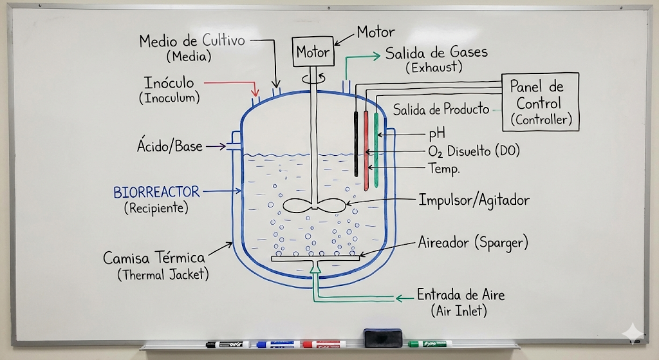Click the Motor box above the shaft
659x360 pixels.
313,52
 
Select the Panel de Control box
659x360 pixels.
540,102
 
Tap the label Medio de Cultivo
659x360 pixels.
192,41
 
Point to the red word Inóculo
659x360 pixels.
169,82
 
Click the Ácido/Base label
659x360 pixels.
169,146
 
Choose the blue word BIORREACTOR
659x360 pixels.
156,192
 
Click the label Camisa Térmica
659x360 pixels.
154,258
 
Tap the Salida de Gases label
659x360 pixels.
436,53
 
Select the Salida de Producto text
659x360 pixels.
441,109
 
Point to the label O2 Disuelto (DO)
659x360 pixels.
473,151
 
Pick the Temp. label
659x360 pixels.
443,169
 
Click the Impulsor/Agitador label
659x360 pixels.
474,200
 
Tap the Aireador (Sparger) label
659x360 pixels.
472,243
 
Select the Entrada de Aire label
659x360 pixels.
461,295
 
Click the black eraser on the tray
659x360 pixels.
382,337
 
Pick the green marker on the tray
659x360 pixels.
429,343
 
